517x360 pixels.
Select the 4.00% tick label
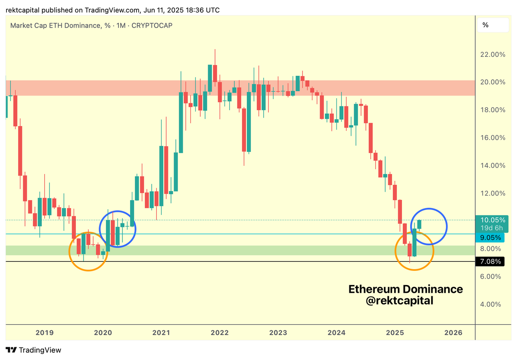coord(491,304)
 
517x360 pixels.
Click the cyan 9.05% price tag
coord(489,237)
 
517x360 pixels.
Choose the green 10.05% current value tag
coord(489,220)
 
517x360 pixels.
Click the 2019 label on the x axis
coord(44,332)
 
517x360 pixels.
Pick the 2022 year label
coord(220,332)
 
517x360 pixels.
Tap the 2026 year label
coord(453,332)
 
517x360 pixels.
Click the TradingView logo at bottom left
coord(33,350)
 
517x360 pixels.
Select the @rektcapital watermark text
coord(399,301)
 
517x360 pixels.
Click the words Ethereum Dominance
coord(405,289)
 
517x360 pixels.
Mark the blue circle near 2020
coord(118,229)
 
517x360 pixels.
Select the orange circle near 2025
coord(414,251)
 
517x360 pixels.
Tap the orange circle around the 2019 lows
coord(88,252)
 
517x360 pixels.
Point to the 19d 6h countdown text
coord(489,227)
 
